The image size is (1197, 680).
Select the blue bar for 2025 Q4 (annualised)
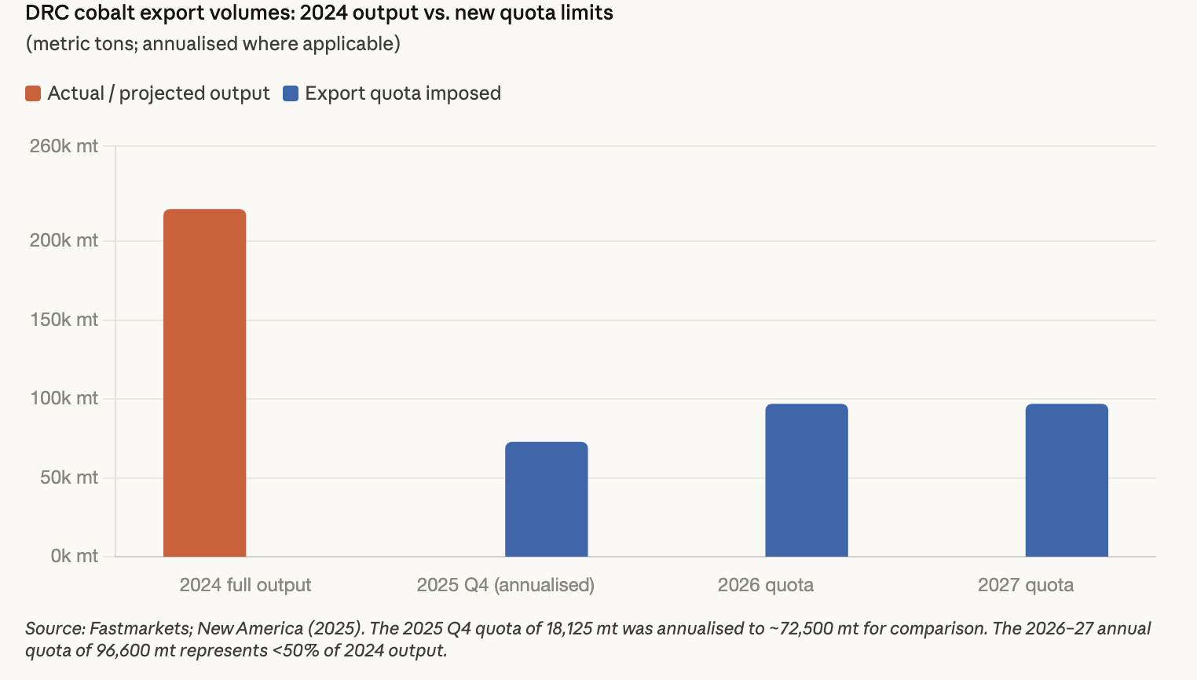tap(546, 499)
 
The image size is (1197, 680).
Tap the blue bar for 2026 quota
tap(807, 481)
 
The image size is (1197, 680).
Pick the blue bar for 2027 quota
tap(1067, 481)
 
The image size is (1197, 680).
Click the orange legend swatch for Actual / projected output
tap(33, 93)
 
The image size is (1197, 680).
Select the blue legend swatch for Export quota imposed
tap(291, 93)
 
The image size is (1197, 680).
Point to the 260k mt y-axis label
tap(64, 146)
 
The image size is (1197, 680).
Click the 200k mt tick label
tap(64, 240)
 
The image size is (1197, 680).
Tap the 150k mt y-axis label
tap(64, 320)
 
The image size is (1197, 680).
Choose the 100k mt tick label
tap(64, 398)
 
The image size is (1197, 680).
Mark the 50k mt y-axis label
tap(69, 477)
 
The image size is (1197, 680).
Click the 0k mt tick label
tap(74, 556)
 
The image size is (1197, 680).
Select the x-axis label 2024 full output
tap(245, 585)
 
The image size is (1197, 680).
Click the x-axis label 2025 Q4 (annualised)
tap(505, 585)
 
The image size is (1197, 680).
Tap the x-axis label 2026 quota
tap(765, 585)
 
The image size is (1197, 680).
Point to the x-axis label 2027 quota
tap(1025, 585)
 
